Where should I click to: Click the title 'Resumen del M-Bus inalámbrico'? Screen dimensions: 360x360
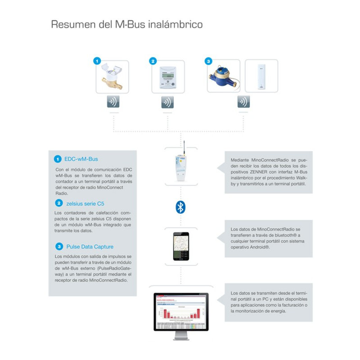point(126,24)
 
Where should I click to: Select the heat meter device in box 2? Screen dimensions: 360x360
point(167,77)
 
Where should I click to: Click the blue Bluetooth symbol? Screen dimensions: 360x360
point(180,207)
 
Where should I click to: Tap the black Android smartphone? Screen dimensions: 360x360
point(180,247)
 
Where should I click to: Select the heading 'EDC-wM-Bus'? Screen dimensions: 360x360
point(81,159)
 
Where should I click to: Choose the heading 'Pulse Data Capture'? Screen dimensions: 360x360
point(90,247)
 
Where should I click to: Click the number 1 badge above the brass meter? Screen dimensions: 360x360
point(96,61)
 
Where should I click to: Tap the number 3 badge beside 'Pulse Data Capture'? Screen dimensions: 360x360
point(58,247)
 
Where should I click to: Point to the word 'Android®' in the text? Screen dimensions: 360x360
point(261,247)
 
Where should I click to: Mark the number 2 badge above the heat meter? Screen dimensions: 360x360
point(153,61)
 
